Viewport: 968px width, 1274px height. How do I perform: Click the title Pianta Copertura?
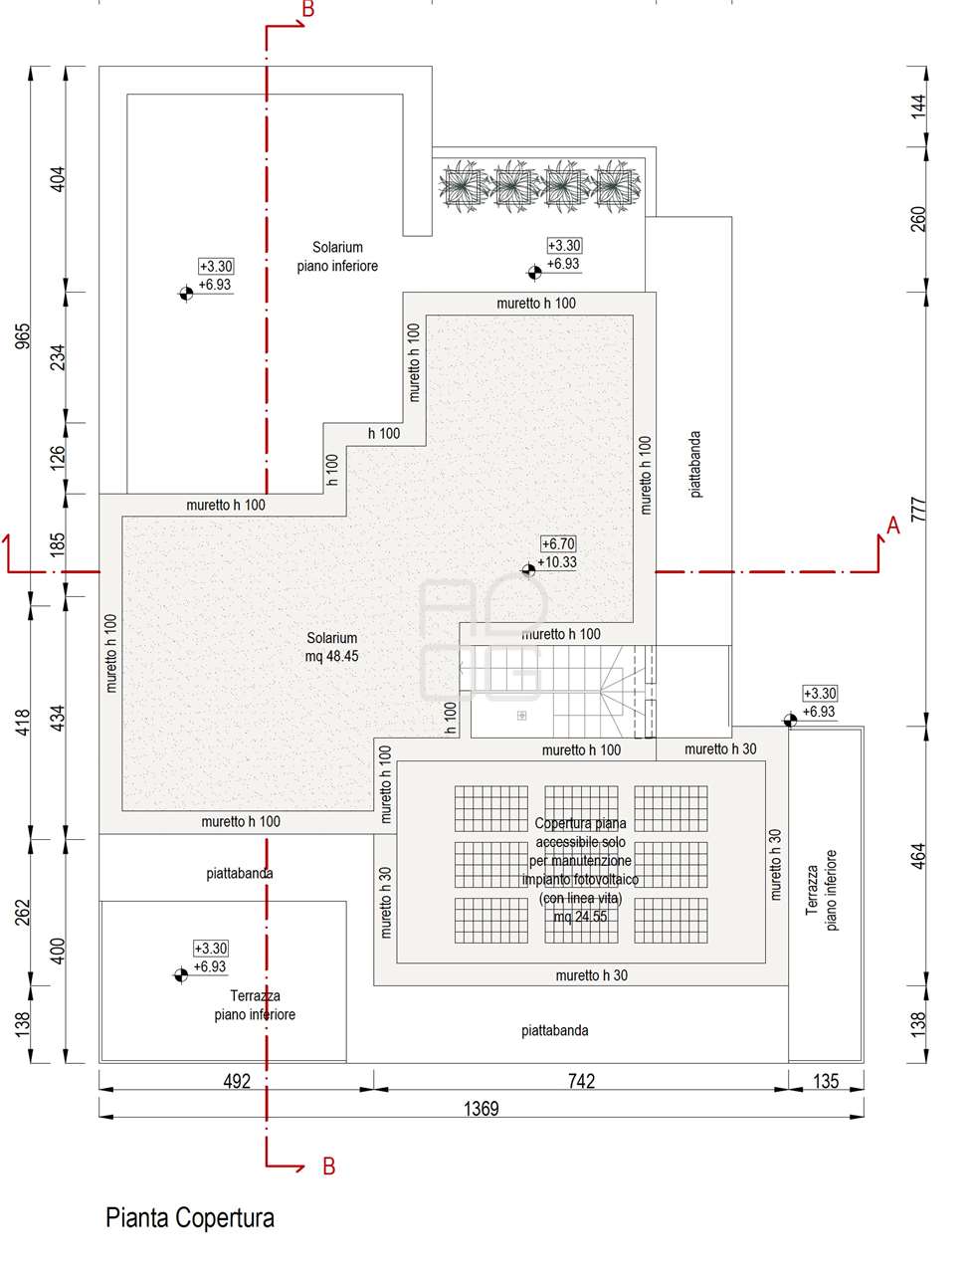pos(190,1217)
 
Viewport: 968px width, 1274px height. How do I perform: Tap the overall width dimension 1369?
pos(481,1109)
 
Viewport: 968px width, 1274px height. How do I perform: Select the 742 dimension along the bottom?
pos(581,1081)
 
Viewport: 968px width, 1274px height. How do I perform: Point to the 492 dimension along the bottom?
pos(237,1081)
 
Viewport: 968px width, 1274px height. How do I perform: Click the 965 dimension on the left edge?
pos(22,336)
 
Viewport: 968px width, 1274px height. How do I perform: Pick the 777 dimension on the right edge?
pos(918,509)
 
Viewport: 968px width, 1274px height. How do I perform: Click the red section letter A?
pos(893,526)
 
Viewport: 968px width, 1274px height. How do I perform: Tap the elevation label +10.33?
pos(557,561)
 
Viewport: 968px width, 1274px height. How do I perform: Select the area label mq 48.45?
pos(331,656)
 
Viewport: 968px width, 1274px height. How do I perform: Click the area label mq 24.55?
pos(580,917)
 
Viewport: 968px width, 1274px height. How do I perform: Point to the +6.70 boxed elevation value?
pos(558,543)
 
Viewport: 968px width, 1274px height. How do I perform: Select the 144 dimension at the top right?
pos(918,106)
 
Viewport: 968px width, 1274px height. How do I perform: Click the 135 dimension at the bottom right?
pos(826,1081)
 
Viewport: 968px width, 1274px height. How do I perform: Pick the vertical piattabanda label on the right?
pos(695,464)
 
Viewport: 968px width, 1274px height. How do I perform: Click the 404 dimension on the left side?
pos(58,179)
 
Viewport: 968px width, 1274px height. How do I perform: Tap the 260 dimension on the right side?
pos(918,219)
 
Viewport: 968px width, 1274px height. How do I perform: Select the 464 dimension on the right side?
pos(918,856)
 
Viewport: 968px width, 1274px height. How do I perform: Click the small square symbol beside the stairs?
pos(521,715)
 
